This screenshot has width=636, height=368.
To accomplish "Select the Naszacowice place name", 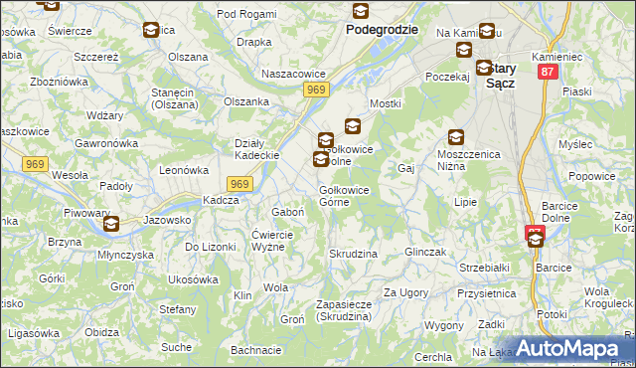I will click(x=292, y=74).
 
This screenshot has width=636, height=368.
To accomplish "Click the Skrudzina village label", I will click(x=353, y=254).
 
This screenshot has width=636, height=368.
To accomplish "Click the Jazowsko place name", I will click(x=167, y=220).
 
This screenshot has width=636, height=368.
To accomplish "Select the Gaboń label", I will click(x=288, y=212).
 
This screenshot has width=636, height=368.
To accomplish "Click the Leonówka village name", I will click(x=183, y=170).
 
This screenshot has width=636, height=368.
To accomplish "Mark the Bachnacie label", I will click(x=256, y=350).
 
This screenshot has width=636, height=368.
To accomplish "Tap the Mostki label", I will click(x=385, y=103).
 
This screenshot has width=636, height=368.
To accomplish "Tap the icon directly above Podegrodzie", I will click(x=359, y=11).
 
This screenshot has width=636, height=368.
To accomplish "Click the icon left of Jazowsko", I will click(x=110, y=224).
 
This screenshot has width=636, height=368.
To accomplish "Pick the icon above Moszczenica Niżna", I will click(x=455, y=137).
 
